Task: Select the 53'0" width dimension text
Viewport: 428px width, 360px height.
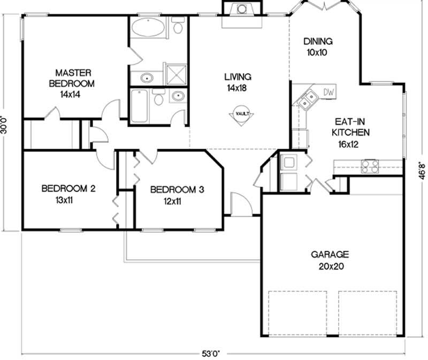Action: tap(211, 353)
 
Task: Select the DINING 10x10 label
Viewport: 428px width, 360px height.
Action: tap(318, 47)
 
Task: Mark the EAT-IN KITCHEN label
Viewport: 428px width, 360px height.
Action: tap(351, 128)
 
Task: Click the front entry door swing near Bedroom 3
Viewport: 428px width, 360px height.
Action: tap(240, 204)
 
